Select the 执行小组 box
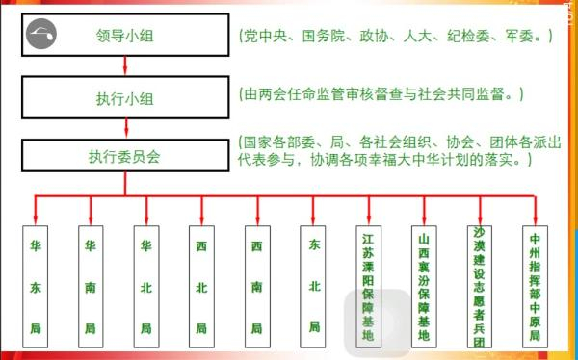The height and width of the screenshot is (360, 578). (126, 96)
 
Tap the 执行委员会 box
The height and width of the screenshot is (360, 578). (126, 155)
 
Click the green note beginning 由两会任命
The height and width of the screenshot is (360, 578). (383, 95)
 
